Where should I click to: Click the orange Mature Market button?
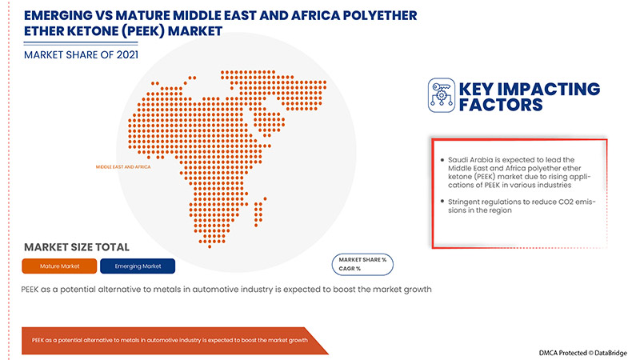[x=59, y=266]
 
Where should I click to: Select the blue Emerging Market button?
[x=138, y=266]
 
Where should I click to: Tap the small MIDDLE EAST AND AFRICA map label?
[x=122, y=167]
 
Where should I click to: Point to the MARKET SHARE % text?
[x=362, y=260]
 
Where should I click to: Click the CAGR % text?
[x=350, y=269]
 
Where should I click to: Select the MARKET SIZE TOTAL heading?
[x=77, y=247]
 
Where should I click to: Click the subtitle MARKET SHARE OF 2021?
[x=81, y=55]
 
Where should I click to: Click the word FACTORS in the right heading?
[x=500, y=105]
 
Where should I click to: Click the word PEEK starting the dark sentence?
[x=34, y=290]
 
